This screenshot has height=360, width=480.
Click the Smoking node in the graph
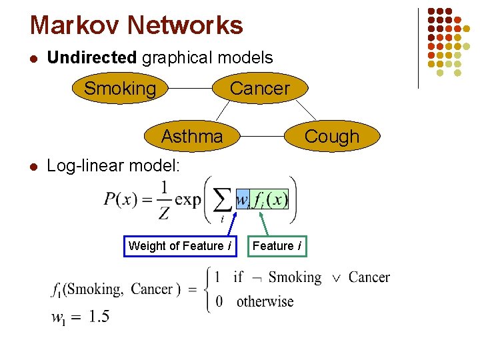120,89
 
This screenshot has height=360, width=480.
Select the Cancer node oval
260,89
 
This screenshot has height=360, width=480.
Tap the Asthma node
192,137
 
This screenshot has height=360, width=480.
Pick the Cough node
331,137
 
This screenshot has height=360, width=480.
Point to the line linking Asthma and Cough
263,137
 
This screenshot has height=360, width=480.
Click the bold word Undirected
92,57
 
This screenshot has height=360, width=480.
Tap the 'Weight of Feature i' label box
180,246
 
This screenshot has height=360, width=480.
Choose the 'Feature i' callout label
276,246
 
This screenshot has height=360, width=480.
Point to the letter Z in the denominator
164,213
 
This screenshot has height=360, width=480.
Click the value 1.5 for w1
99,317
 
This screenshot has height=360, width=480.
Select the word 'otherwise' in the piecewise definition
265,301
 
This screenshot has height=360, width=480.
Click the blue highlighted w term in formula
242,199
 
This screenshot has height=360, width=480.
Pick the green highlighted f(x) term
269,199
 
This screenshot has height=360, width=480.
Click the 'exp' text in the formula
189,199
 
